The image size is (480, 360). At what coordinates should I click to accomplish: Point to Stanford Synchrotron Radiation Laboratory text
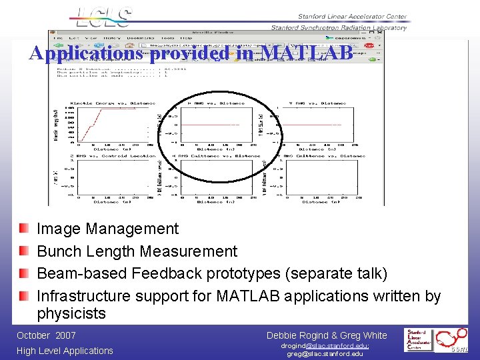pyautogui.click(x=339, y=28)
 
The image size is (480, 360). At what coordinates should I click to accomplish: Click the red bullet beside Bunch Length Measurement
pyautogui.click(x=24, y=251)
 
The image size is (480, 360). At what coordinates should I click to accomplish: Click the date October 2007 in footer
pyautogui.click(x=47, y=335)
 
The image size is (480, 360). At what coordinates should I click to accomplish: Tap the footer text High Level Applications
pyautogui.click(x=65, y=351)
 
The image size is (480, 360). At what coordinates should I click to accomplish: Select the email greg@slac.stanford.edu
pyautogui.click(x=325, y=354)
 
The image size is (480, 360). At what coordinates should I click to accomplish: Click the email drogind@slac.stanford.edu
pyautogui.click(x=325, y=345)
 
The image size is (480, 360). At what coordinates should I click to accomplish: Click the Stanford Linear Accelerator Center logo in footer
pyautogui.click(x=421, y=339)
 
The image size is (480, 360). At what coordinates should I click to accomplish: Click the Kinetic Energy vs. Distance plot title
pyautogui.click(x=113, y=103)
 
